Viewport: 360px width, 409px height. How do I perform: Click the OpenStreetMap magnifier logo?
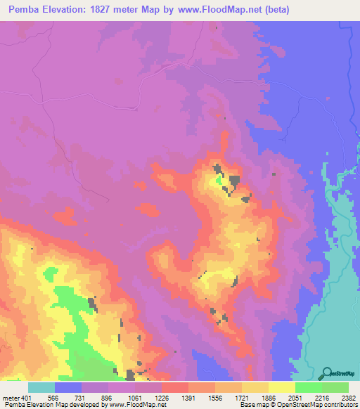click(326, 373)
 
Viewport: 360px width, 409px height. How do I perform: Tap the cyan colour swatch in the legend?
click(41, 387)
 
